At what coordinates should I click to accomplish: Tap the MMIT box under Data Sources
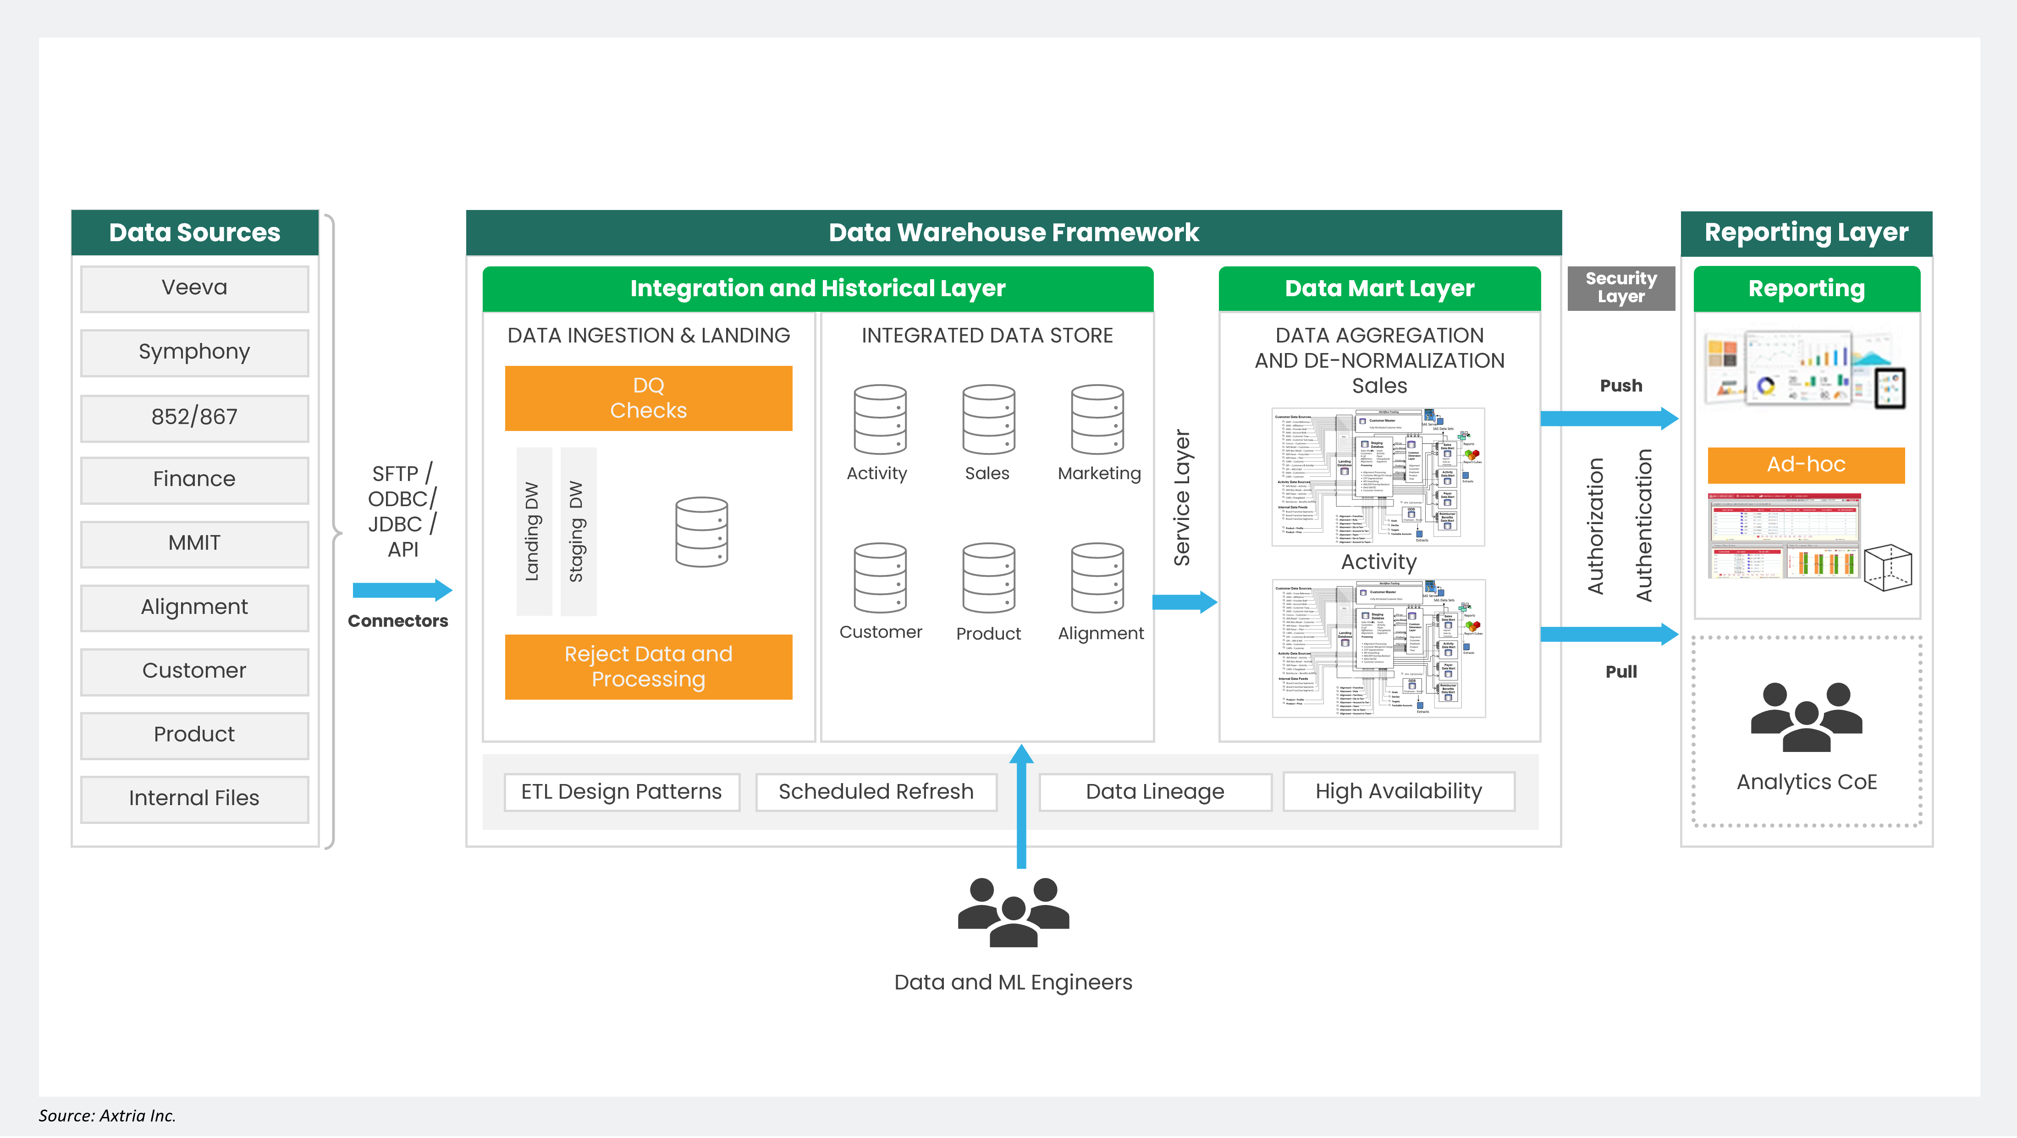(x=194, y=543)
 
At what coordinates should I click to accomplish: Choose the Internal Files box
(x=194, y=798)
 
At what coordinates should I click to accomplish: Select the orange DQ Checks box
(x=648, y=398)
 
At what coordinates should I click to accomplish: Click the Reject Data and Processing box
(x=648, y=667)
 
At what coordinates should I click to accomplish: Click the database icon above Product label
(x=988, y=578)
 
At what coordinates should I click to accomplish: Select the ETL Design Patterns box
(x=622, y=792)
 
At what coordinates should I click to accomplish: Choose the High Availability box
(x=1399, y=792)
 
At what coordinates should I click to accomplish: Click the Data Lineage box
(x=1155, y=792)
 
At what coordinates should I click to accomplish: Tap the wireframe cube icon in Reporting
(x=1888, y=567)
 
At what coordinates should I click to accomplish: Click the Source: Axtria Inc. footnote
(x=107, y=1115)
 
